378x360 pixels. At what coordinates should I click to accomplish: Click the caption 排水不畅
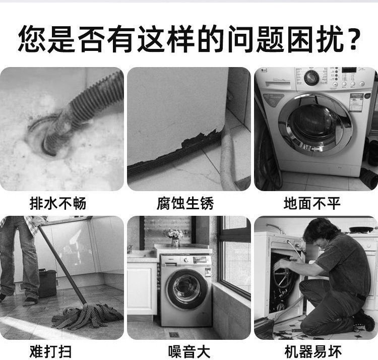[x=58, y=203]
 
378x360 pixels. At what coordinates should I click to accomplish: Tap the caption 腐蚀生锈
[x=185, y=203]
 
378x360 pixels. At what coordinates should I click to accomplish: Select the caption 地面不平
[x=312, y=203]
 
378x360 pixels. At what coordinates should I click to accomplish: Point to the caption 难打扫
[x=50, y=351]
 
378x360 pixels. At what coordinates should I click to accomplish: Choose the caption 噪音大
[x=189, y=351]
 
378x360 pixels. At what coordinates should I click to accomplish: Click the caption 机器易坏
[x=313, y=351]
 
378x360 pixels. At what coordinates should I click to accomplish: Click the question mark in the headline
[x=353, y=39]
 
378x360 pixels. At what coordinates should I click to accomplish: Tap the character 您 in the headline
[x=33, y=39]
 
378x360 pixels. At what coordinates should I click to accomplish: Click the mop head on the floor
[x=87, y=316]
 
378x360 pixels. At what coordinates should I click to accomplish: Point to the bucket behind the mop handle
[x=47, y=283]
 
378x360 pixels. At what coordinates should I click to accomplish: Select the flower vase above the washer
[x=175, y=242]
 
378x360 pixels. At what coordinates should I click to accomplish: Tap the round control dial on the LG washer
[x=311, y=78]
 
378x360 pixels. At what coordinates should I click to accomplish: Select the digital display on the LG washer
[x=349, y=70]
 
